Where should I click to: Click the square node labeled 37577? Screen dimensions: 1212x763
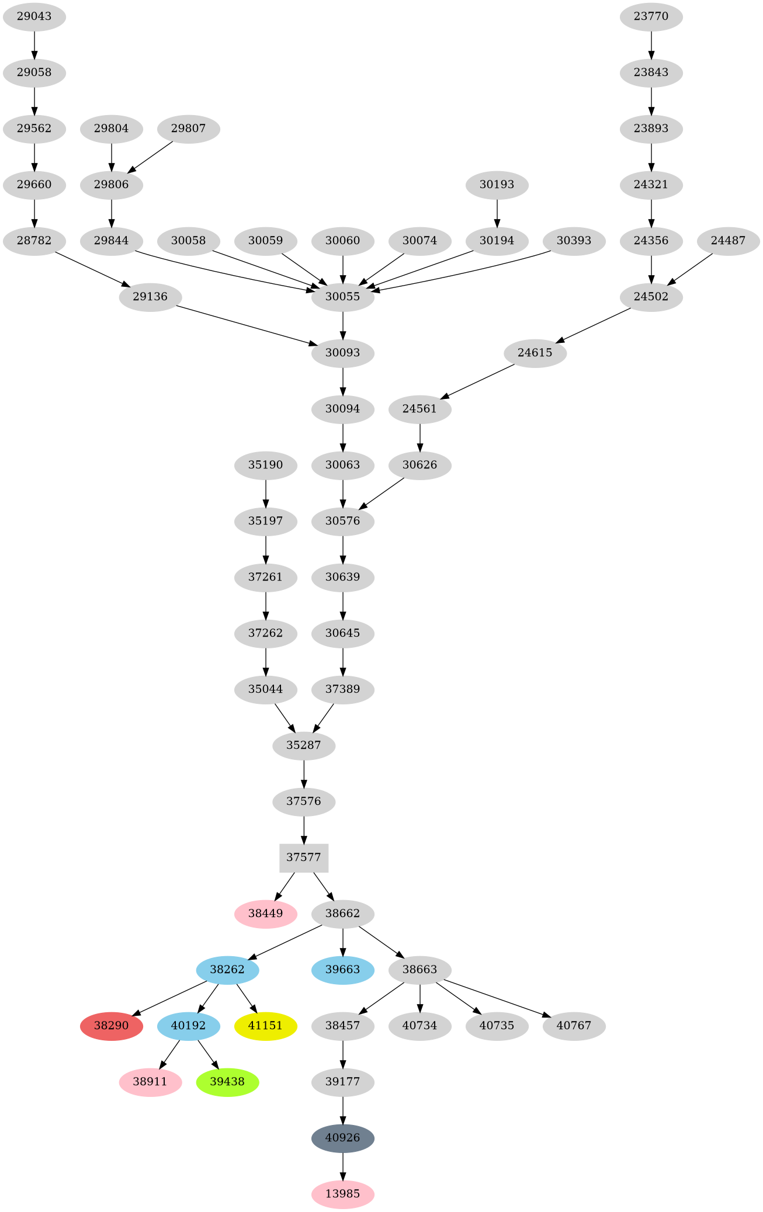click(304, 857)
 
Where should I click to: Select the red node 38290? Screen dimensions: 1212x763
click(111, 1026)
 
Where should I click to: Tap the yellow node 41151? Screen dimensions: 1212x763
click(266, 1026)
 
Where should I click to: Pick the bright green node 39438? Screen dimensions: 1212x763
click(227, 1082)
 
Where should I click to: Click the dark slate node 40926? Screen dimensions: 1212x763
click(343, 1138)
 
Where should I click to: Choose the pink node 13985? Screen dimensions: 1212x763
click(343, 1194)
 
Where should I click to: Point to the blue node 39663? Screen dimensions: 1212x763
click(343, 970)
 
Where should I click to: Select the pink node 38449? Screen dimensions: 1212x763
click(266, 914)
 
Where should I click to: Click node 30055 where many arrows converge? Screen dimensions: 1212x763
click(343, 297)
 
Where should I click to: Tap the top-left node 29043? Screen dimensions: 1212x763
click(34, 16)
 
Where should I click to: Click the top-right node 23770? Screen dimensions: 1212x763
click(651, 16)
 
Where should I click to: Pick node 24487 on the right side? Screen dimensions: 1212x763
click(729, 241)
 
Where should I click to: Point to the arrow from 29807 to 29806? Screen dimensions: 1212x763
click(150, 157)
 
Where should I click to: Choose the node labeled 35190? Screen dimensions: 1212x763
click(266, 465)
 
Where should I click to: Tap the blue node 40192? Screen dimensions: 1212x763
click(189, 1026)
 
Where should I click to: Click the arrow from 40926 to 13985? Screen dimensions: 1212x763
click(343, 1165)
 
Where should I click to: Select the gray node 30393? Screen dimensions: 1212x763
click(574, 241)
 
